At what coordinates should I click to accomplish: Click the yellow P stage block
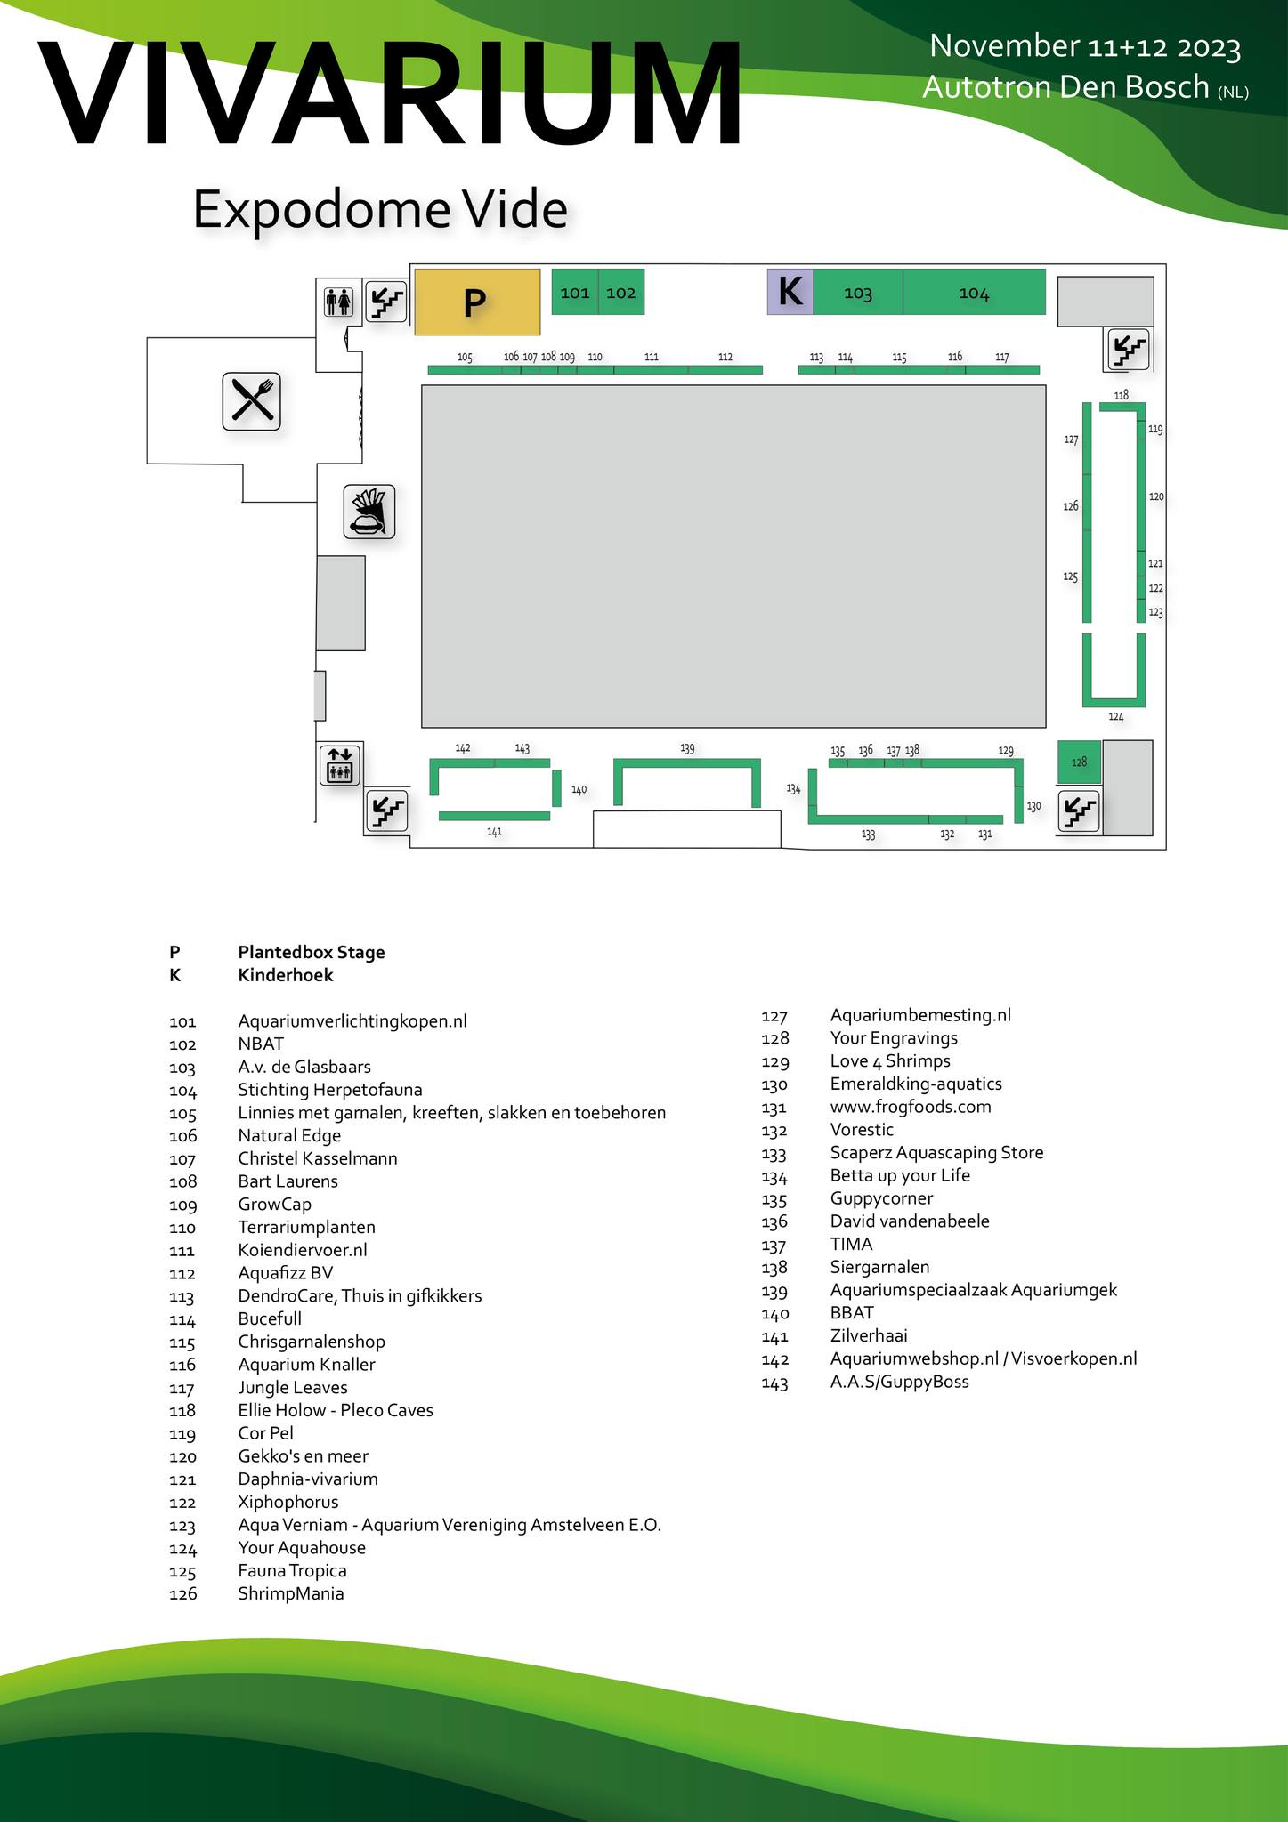pyautogui.click(x=477, y=302)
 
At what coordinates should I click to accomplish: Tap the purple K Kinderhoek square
pyautogui.click(x=790, y=292)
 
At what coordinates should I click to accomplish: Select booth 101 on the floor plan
pyautogui.click(x=575, y=292)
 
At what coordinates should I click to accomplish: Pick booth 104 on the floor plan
pyautogui.click(x=974, y=293)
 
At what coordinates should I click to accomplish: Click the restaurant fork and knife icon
pyautogui.click(x=252, y=400)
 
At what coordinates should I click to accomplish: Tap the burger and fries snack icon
pyautogui.click(x=369, y=512)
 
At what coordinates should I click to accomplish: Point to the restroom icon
pyautogui.click(x=339, y=302)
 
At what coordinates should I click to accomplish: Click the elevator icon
pyautogui.click(x=340, y=765)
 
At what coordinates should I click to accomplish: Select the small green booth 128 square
pyautogui.click(x=1079, y=762)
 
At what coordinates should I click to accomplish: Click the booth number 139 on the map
pyautogui.click(x=687, y=748)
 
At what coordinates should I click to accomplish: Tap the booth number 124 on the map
pyautogui.click(x=1116, y=717)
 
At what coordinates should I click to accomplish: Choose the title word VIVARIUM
pyautogui.click(x=389, y=93)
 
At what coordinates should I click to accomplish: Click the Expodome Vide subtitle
pyautogui.click(x=380, y=210)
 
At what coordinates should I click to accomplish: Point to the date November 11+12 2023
pyautogui.click(x=1084, y=46)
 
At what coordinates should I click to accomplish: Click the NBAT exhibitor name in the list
pyautogui.click(x=261, y=1044)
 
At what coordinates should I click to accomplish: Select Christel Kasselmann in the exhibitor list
pyautogui.click(x=318, y=1158)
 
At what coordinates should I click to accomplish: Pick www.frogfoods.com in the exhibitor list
pyautogui.click(x=911, y=1107)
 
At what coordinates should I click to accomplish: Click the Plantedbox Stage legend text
pyautogui.click(x=312, y=952)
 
